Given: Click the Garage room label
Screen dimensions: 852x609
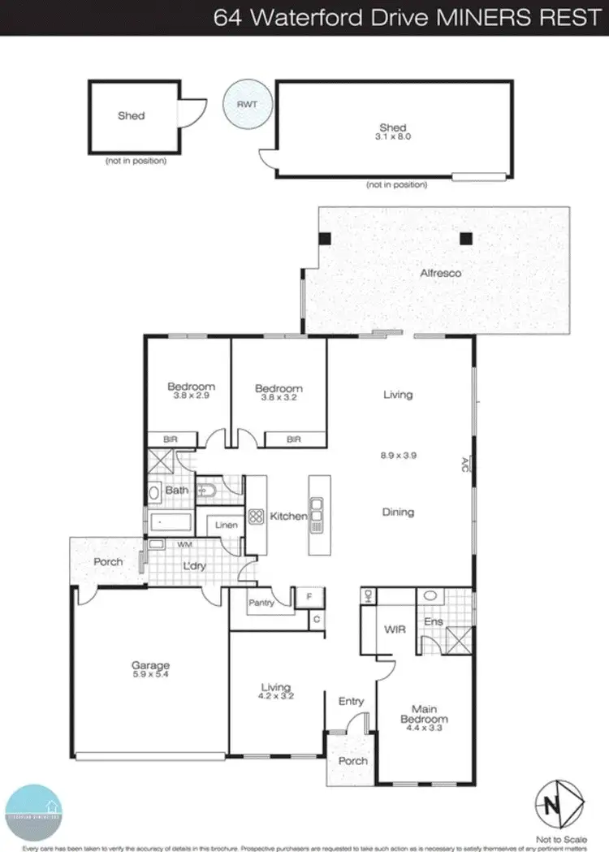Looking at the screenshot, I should [151, 666].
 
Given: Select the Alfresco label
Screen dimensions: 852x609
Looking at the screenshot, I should [441, 274].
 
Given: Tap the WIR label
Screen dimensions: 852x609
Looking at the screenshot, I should [395, 629].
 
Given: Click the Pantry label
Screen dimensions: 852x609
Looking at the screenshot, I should [260, 603].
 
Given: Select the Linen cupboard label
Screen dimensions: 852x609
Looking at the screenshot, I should [227, 525].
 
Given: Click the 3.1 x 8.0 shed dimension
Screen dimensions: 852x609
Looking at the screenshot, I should [393, 137].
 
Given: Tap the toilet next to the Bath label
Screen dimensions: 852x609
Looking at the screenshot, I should [207, 490].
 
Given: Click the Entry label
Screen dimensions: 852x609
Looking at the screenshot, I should [351, 701].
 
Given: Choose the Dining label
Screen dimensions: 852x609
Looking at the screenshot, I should [398, 512].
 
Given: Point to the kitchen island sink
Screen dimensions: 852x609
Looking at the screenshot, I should [317, 515].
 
